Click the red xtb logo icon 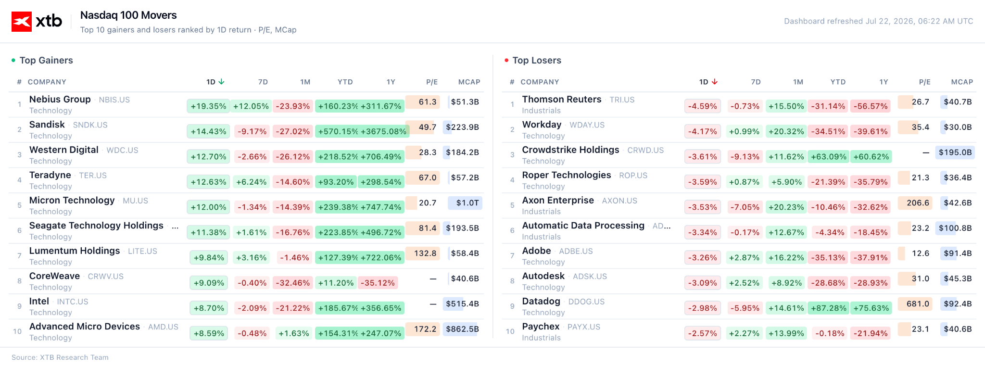click(22, 22)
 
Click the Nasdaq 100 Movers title click(128, 15)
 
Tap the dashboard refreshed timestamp click(878, 21)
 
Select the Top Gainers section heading click(46, 60)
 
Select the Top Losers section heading click(537, 60)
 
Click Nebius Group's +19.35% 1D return click(208, 106)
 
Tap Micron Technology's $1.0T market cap click(465, 202)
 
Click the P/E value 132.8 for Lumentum click(425, 253)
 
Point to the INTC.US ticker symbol click(73, 302)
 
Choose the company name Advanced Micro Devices click(85, 326)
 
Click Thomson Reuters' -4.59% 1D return click(702, 106)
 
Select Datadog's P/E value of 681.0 click(918, 304)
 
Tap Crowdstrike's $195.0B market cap click(955, 152)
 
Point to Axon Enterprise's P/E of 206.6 click(918, 202)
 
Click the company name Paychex click(541, 326)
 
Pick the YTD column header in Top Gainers click(345, 82)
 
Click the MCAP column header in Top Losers click(962, 82)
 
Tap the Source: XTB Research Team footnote click(60, 357)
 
